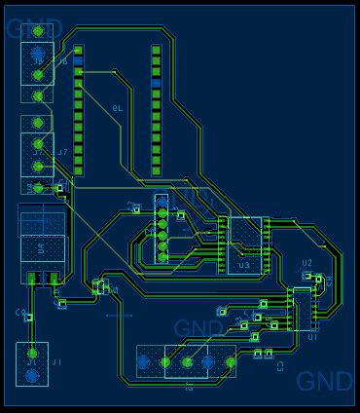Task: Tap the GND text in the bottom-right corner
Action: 325,381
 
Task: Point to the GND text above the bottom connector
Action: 199,328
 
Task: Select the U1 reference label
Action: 312,336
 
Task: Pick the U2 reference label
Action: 306,263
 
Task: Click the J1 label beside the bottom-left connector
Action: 55,362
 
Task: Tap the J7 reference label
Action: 61,153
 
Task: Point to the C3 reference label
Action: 280,366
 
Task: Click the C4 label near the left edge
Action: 19,313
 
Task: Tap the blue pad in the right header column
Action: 155,85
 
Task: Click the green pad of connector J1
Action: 32,353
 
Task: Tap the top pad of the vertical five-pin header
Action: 162,201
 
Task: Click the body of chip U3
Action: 244,242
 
